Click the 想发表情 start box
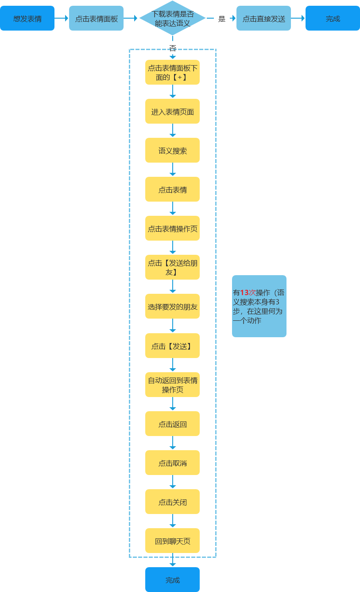pos(27,18)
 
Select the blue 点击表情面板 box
pos(96,18)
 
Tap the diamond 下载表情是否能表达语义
pos(172,18)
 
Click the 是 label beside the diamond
pos(222,19)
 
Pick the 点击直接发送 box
pos(263,18)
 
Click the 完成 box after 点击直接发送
pos(333,18)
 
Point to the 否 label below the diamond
pos(173,48)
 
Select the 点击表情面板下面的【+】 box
pos(172,72)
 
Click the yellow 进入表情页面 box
pos(172,111)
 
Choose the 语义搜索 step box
pos(172,150)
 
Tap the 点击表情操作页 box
pos(172,228)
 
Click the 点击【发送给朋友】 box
pos(172,267)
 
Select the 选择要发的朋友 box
pos(172,306)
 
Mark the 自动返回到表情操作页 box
pos(172,385)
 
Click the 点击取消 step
pos(172,463)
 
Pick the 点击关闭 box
pos(172,502)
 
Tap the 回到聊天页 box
pos(172,541)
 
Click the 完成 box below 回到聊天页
pos(172,580)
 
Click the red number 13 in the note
pos(245,292)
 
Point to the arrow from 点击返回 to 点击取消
pos(173,443)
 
